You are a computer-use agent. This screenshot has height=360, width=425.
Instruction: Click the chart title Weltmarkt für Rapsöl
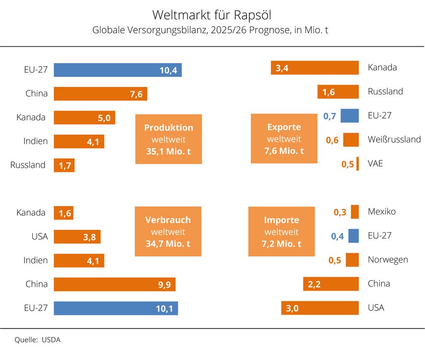point(212,15)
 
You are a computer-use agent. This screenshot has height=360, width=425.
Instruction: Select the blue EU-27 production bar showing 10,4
point(117,70)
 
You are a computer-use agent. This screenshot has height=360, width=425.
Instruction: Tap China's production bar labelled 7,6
point(100,94)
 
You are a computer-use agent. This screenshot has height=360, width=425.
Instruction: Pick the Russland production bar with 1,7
point(64,165)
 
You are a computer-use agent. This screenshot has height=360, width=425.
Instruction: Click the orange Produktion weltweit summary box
point(168,139)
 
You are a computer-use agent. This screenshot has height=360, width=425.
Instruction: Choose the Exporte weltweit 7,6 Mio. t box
point(284,139)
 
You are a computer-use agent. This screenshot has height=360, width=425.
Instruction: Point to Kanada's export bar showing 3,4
point(314,68)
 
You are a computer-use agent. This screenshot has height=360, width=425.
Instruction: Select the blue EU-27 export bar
point(349,116)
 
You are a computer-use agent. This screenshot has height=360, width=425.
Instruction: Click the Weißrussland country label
point(394,139)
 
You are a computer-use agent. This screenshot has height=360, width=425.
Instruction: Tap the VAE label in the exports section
point(375,163)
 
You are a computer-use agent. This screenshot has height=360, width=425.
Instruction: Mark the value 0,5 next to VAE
point(348,164)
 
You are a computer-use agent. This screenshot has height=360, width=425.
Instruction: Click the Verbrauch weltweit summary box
point(168,232)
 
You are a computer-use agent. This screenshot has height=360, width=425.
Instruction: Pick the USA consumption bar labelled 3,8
point(77,237)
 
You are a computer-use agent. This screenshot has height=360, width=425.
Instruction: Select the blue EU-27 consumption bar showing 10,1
point(116,308)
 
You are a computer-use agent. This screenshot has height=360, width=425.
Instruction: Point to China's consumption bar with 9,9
point(114,284)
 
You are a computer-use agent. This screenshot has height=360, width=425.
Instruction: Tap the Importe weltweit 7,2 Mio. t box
point(282,232)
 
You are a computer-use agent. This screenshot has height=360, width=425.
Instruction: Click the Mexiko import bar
point(354,211)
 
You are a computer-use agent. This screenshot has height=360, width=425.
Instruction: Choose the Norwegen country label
point(388,260)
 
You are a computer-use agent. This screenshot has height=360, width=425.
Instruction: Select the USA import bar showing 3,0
point(320,308)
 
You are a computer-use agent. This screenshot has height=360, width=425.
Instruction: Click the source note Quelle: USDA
point(38,340)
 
